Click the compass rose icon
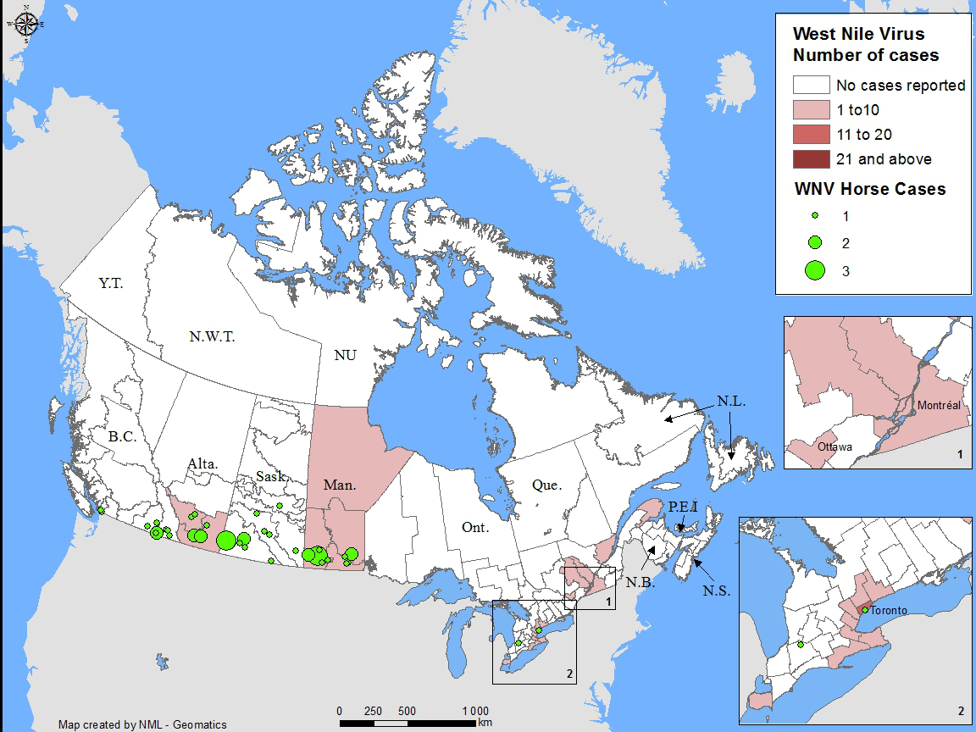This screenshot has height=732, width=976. pos(25,24)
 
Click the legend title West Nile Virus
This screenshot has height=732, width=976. pos(858,35)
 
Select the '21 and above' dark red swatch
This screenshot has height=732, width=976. pos(811,159)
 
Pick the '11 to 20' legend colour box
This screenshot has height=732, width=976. pos(811,135)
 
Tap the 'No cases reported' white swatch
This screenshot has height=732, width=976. pos(811,85)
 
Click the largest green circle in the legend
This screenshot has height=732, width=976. pos(815,270)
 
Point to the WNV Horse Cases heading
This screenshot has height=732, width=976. pos(869,189)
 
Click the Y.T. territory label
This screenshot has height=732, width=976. pos(110,284)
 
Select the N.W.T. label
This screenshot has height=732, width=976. pos(211,336)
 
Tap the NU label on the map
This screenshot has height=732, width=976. pos(345,356)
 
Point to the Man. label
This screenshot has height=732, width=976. pos(341,485)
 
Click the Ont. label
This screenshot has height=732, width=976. pos(475,528)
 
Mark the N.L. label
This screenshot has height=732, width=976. pos(730,402)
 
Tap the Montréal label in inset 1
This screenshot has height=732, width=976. pos(939,406)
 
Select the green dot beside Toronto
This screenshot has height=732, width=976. pos(865,610)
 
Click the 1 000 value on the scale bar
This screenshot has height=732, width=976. pos(475,710)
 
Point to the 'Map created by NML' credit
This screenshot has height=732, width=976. pos(142,724)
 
